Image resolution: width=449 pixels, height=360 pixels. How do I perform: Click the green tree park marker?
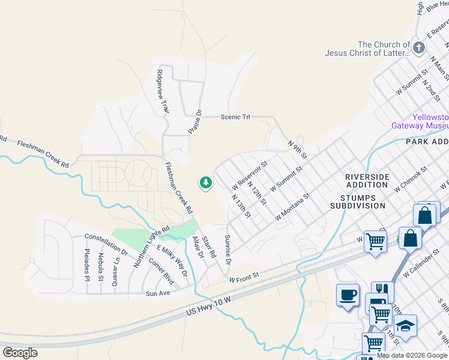tap(206, 182)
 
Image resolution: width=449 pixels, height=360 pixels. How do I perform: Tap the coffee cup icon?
tap(348, 296)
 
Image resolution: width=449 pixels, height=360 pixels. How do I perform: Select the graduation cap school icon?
tap(405, 326)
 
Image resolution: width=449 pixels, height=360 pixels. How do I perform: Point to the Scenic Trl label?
tap(235, 117)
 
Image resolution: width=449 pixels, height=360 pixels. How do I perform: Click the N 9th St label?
tap(297, 150)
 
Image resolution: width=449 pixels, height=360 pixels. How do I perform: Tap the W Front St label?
tap(243, 277)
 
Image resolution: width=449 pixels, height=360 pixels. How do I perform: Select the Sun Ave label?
tap(158, 293)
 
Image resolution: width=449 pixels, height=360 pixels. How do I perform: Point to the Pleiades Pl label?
tap(86, 265)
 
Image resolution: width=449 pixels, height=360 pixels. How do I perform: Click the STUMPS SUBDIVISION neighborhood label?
tap(358, 201)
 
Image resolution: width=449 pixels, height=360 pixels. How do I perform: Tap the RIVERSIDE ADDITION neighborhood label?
tap(367, 181)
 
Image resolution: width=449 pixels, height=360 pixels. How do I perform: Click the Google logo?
tap(20, 353)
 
